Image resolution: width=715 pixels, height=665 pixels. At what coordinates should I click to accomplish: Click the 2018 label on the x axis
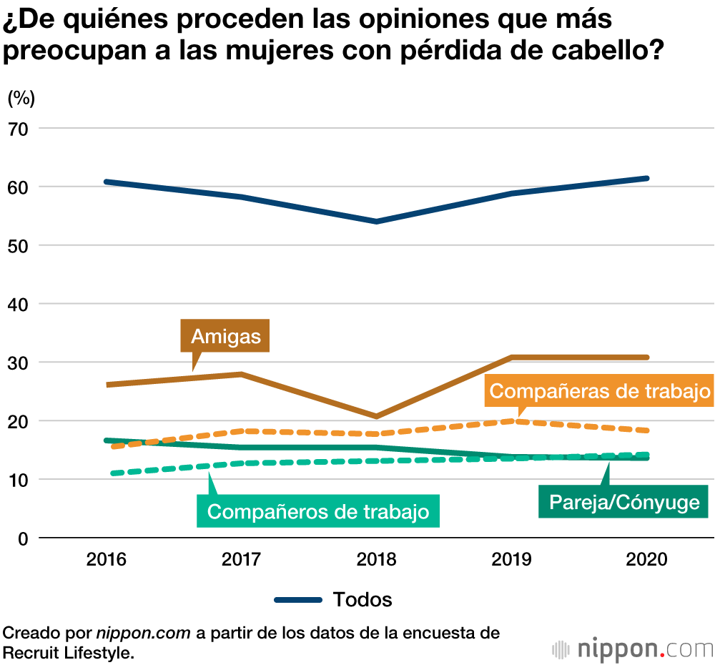coord(376,559)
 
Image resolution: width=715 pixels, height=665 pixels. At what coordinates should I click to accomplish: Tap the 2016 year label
coord(106,559)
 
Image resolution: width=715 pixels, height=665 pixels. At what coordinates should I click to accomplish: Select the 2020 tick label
coord(646,559)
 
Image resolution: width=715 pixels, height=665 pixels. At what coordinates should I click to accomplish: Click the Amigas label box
coord(225,336)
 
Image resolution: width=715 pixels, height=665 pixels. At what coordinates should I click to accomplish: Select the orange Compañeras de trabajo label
coord(600,391)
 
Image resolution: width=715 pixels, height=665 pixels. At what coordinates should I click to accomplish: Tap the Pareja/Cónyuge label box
coord(623,502)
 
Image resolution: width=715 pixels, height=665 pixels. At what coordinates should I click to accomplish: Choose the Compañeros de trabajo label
coord(318,511)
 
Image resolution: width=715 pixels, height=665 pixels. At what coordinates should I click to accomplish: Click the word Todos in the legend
coord(363,599)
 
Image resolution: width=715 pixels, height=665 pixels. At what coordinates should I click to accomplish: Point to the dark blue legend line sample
coord(298,600)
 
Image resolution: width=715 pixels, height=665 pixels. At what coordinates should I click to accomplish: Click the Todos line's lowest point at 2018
coord(376,222)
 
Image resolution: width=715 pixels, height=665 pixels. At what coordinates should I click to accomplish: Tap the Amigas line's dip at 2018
coord(376,416)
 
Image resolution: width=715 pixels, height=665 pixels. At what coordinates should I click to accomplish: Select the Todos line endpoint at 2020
coord(646,178)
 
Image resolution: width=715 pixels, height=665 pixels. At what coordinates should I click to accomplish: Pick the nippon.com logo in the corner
coord(633,649)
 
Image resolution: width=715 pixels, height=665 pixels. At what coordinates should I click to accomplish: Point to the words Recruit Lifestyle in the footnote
coord(67,651)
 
